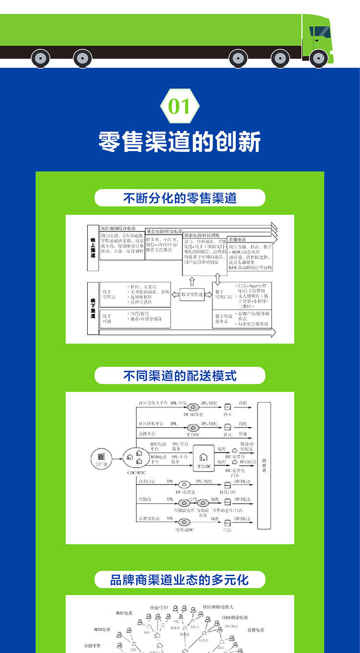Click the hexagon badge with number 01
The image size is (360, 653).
pos(180,106)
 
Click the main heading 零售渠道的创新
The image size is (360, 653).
pos(180,142)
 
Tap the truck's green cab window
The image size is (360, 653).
pos(320,33)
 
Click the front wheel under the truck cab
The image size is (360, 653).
pos(318,58)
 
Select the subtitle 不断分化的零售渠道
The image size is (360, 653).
pos(180,198)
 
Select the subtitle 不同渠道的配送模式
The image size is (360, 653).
pos(180,375)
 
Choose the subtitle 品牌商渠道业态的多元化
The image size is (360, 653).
pos(180,580)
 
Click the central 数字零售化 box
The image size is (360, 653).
pos(192,294)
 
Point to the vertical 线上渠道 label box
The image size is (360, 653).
pos(93,247)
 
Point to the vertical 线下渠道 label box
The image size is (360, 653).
pos(93,307)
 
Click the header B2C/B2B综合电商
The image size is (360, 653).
pos(118,228)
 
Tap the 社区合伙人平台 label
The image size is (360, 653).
pos(153,404)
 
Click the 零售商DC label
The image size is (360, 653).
pos(184,530)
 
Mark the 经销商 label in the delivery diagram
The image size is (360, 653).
pos(145,499)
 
